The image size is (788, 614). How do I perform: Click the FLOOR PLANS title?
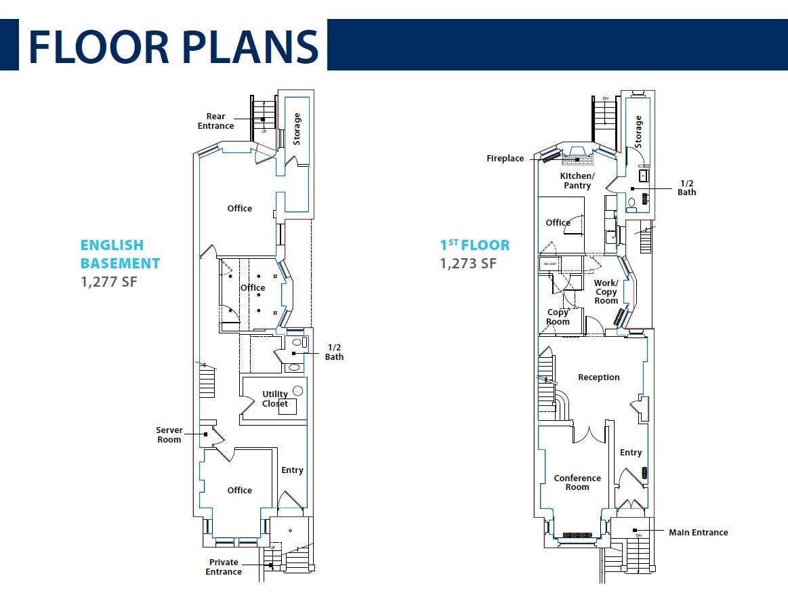[x=173, y=45]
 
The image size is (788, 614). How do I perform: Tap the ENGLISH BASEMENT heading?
[x=120, y=254]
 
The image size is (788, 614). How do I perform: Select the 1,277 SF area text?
[x=109, y=281]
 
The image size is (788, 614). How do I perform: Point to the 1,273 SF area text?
[x=468, y=264]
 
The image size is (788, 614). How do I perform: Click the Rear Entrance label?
[x=215, y=121]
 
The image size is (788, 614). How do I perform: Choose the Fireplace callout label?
[x=505, y=159]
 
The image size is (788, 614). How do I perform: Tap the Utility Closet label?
[x=275, y=398]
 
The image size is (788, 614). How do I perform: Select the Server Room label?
[x=169, y=435]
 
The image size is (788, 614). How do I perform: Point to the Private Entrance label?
[x=224, y=567]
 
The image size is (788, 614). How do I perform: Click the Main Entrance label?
[x=698, y=533]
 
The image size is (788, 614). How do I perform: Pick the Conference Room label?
[x=577, y=483]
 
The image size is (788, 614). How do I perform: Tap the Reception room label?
[x=598, y=377]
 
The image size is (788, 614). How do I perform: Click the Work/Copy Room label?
[x=606, y=292]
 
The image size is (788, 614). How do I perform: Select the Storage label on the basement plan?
[x=297, y=129]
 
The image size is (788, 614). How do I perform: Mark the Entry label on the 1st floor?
[x=630, y=453]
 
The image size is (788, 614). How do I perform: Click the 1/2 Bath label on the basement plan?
[x=334, y=352]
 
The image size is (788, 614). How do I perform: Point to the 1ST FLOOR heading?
[x=475, y=245]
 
